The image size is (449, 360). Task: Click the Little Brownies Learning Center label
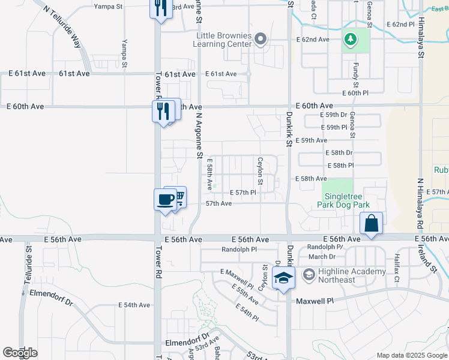[x=223, y=39]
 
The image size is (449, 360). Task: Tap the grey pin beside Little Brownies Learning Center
[x=260, y=40]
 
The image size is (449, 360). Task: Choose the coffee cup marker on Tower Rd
[x=164, y=200]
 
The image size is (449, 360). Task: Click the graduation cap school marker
[x=283, y=278]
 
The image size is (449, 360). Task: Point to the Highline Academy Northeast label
[x=353, y=276]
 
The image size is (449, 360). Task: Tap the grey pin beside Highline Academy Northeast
[x=309, y=275]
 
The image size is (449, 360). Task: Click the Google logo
[x=20, y=353]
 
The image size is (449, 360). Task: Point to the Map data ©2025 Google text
[x=411, y=355]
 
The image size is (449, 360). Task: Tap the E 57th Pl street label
[x=244, y=193]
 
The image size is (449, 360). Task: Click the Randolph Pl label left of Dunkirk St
[x=239, y=249]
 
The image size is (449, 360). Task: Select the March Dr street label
[x=322, y=257]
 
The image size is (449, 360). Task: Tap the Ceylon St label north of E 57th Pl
[x=261, y=171]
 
